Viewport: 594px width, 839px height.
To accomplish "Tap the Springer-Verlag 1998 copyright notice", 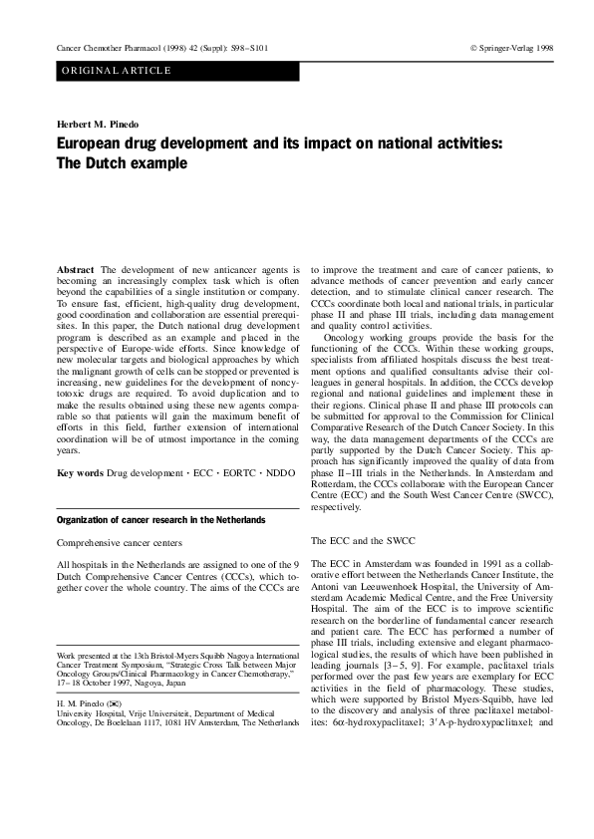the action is (511, 48).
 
